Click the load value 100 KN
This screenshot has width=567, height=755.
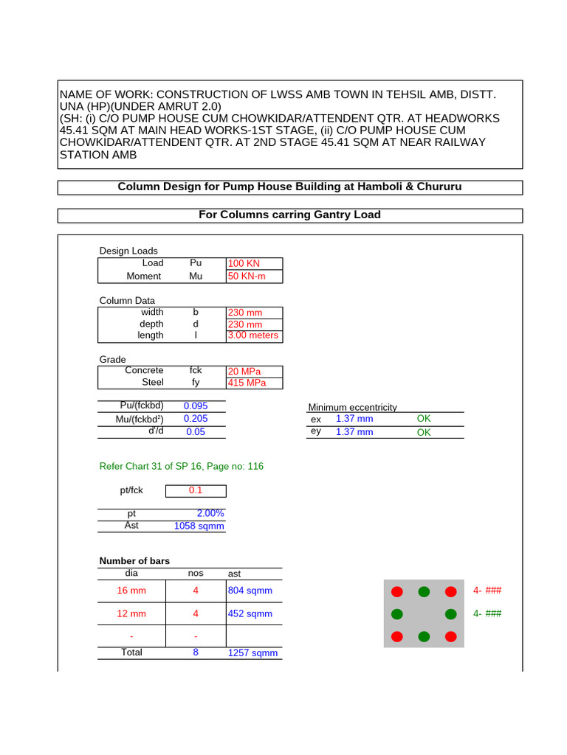(x=244, y=264)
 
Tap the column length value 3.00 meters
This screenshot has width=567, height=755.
(x=252, y=335)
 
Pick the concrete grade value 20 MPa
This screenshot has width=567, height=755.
(x=244, y=372)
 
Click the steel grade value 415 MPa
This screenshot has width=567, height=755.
(x=247, y=383)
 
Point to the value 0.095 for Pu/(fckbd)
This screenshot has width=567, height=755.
(x=196, y=406)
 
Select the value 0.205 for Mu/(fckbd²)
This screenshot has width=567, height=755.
(x=196, y=419)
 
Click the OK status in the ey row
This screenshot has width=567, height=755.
(x=424, y=432)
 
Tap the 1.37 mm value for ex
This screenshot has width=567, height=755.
(x=354, y=419)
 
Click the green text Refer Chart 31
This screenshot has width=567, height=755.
(x=181, y=467)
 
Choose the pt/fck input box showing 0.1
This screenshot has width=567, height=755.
(x=196, y=491)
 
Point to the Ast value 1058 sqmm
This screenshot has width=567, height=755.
(x=199, y=526)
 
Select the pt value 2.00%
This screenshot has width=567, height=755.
(x=210, y=514)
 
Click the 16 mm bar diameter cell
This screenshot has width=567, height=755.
(x=131, y=591)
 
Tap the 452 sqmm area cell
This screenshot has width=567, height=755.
(x=250, y=614)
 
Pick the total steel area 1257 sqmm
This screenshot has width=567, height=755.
(x=253, y=653)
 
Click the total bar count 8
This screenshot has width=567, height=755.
(x=196, y=653)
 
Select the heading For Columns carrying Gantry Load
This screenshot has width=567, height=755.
(x=289, y=215)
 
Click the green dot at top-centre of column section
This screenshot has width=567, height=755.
(x=424, y=591)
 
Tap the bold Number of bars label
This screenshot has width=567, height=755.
(x=134, y=562)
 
